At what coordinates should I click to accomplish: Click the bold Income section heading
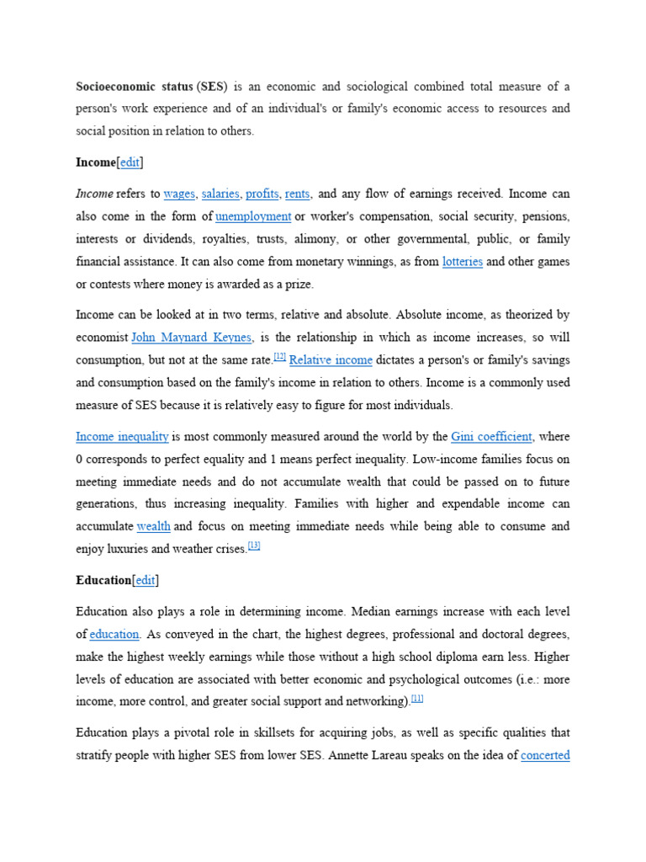click(x=95, y=162)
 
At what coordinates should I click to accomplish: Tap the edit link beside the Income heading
click(x=130, y=162)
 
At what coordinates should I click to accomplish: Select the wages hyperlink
click(x=179, y=194)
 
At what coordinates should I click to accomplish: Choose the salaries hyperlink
click(x=220, y=194)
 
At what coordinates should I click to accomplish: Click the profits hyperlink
click(x=262, y=194)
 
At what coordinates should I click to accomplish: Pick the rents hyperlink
click(x=297, y=194)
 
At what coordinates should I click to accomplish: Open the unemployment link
click(x=253, y=216)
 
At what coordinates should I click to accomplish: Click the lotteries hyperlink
click(x=463, y=262)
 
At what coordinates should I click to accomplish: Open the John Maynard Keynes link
click(x=192, y=337)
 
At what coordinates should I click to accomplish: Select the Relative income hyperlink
click(x=331, y=359)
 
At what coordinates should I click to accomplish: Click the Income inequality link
click(x=122, y=436)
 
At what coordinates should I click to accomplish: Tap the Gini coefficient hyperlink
click(x=491, y=436)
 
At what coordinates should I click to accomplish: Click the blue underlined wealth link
click(x=154, y=526)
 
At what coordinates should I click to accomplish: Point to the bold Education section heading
click(x=103, y=580)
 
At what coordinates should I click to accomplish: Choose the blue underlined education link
click(x=114, y=634)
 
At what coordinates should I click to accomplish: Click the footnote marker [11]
click(x=417, y=699)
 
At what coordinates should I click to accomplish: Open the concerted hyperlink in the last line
click(x=545, y=755)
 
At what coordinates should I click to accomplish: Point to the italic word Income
click(x=94, y=194)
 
